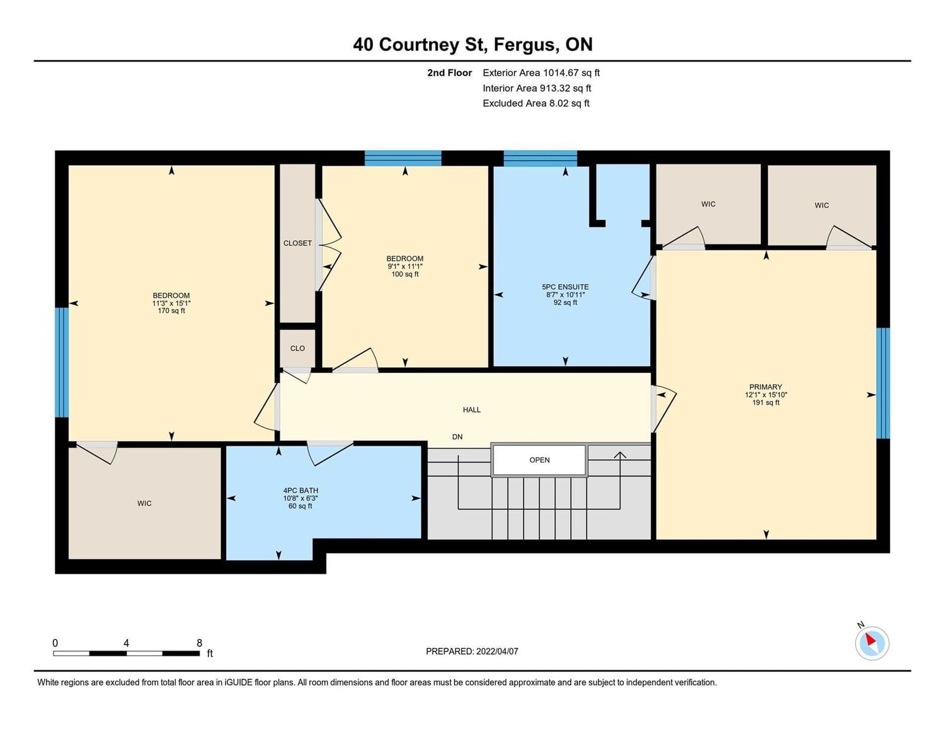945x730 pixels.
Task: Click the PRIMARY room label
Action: (765, 387)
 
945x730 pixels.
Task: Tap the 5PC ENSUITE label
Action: (565, 287)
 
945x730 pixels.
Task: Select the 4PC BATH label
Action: (301, 491)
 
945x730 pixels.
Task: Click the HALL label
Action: (471, 409)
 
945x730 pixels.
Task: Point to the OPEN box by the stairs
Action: (539, 460)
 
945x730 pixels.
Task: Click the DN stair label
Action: (457, 437)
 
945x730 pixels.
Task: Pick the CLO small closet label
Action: (297, 348)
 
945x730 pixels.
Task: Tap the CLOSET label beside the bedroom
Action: (297, 243)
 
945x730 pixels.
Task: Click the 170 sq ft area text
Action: (171, 311)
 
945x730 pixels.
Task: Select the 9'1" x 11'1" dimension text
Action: (405, 266)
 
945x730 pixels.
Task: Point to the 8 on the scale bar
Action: (200, 643)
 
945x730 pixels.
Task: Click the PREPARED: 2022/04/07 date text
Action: (472, 651)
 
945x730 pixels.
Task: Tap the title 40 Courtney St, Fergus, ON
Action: (472, 45)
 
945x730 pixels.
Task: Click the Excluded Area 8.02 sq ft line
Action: (535, 103)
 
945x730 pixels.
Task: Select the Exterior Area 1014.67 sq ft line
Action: (541, 72)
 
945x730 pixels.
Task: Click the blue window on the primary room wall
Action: (883, 383)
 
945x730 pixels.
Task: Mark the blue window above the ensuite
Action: (540, 158)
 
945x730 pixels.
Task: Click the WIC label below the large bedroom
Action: (144, 503)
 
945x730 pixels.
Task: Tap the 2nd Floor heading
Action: (449, 72)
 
